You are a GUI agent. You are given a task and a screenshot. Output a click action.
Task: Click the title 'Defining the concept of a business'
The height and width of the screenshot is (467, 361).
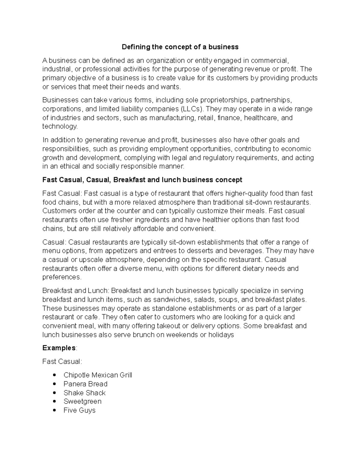(180, 47)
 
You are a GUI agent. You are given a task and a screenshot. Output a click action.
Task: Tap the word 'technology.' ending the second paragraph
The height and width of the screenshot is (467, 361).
(60, 126)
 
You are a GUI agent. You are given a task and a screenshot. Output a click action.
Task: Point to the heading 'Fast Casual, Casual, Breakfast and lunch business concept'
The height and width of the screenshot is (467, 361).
(142, 180)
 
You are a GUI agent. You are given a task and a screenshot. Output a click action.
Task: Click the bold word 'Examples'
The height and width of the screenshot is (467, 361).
(59, 348)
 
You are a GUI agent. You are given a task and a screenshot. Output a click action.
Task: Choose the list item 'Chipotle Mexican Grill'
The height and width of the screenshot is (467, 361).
(98, 375)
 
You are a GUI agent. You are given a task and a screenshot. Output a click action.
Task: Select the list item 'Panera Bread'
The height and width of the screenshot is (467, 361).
(85, 384)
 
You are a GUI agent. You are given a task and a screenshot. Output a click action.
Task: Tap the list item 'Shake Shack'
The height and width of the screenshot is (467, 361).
(85, 393)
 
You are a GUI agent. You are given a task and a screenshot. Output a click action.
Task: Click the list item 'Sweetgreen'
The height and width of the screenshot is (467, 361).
(82, 401)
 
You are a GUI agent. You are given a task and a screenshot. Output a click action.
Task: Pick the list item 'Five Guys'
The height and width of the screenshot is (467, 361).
(79, 410)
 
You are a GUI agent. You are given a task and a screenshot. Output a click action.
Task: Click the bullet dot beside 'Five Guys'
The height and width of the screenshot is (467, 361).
(54, 410)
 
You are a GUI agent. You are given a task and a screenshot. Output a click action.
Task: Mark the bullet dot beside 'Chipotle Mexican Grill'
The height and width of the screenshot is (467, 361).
(54, 375)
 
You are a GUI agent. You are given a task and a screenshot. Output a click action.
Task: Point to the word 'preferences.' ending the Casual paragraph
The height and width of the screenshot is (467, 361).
(62, 277)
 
